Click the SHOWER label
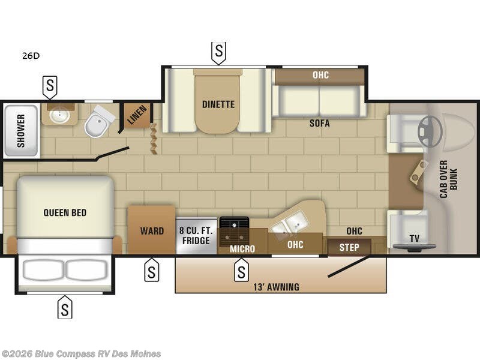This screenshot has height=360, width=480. [21, 131]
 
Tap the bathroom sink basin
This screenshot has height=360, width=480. [59, 115]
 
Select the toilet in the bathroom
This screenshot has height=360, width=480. [98, 122]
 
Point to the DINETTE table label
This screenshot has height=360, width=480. [218, 104]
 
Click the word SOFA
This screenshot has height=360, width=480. [319, 123]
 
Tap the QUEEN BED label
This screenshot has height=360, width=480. [65, 212]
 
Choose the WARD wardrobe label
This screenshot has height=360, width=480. [152, 231]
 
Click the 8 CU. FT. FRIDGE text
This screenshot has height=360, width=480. [196, 235]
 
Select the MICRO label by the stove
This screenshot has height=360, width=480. [242, 249]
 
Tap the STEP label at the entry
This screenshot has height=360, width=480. [349, 247]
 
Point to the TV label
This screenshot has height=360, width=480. [414, 238]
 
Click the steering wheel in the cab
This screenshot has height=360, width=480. [430, 131]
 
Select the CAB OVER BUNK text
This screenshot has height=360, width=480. [448, 179]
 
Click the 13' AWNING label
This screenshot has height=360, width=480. [276, 287]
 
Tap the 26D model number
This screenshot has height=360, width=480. [31, 56]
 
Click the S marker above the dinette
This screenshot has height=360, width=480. [218, 52]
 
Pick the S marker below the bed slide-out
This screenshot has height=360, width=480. [65, 307]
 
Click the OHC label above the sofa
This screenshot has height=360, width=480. [320, 75]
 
